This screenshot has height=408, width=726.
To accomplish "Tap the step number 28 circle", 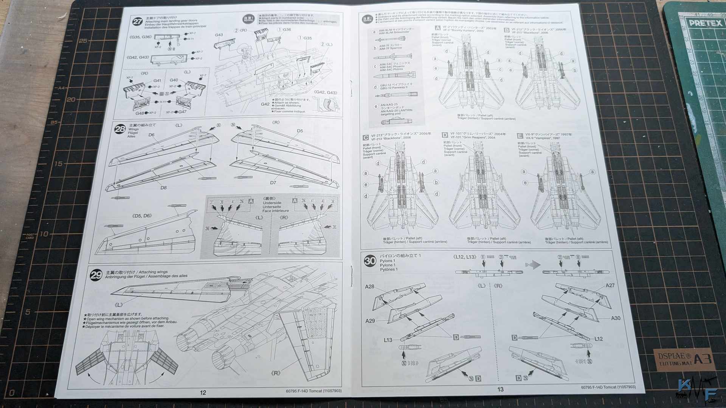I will [x=120, y=129].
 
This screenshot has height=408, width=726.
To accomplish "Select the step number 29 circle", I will [x=96, y=275].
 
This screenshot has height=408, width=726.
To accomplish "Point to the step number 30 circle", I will [x=370, y=261].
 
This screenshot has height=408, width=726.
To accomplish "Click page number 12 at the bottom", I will [x=203, y=393].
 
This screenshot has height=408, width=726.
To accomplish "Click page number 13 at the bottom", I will [x=500, y=389].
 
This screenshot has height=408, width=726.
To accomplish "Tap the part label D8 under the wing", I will [x=163, y=188].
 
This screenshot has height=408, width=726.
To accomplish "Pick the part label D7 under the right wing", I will [x=273, y=182].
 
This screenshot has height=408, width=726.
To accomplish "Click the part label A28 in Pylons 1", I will [x=369, y=287].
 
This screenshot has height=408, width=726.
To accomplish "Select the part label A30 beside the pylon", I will [x=616, y=318].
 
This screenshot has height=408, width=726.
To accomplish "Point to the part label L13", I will [x=388, y=340].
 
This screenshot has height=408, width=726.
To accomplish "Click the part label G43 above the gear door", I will [x=219, y=35].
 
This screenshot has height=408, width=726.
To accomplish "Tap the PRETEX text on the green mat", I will [x=705, y=23].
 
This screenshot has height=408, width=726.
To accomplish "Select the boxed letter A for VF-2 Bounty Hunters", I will [x=437, y=28].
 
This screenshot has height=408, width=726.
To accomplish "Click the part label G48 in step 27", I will [x=140, y=113].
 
